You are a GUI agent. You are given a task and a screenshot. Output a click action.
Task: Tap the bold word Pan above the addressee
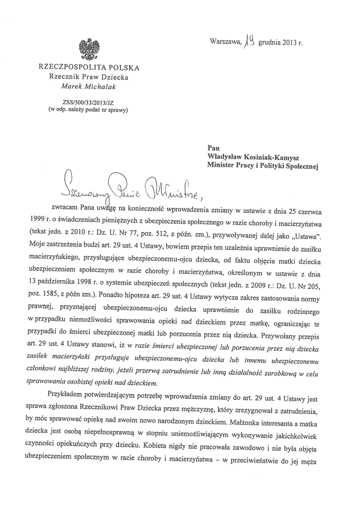click(x=214, y=147)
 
